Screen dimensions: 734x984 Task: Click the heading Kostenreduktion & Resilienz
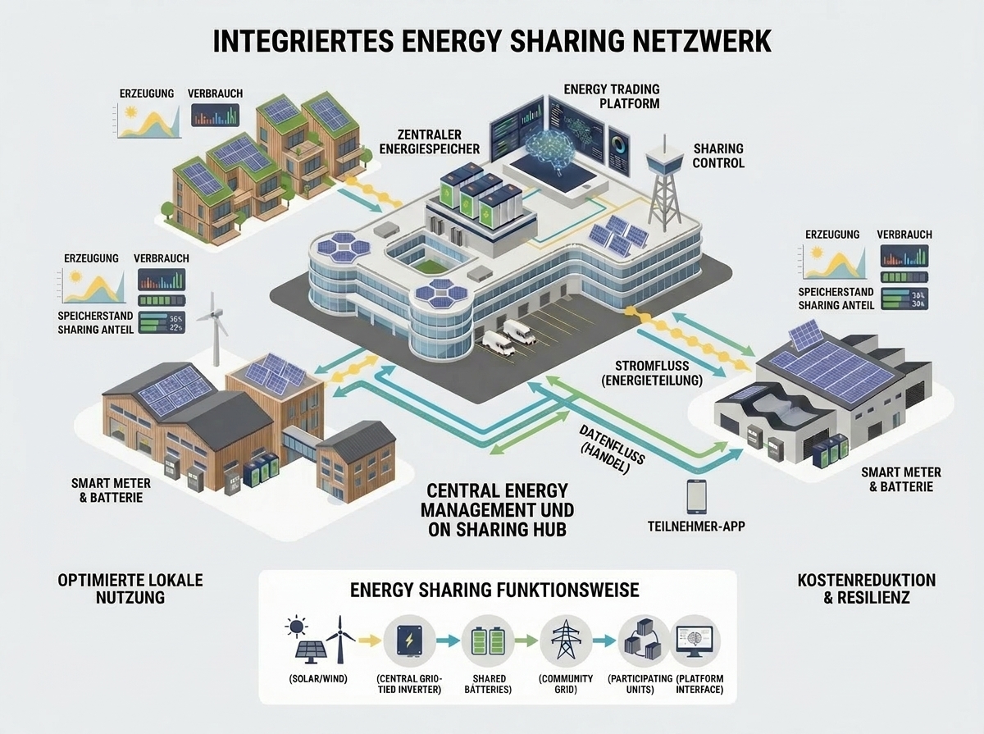tap(867, 589)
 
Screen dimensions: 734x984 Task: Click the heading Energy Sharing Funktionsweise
tap(494, 590)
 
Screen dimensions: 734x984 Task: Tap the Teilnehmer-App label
tap(696, 526)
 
